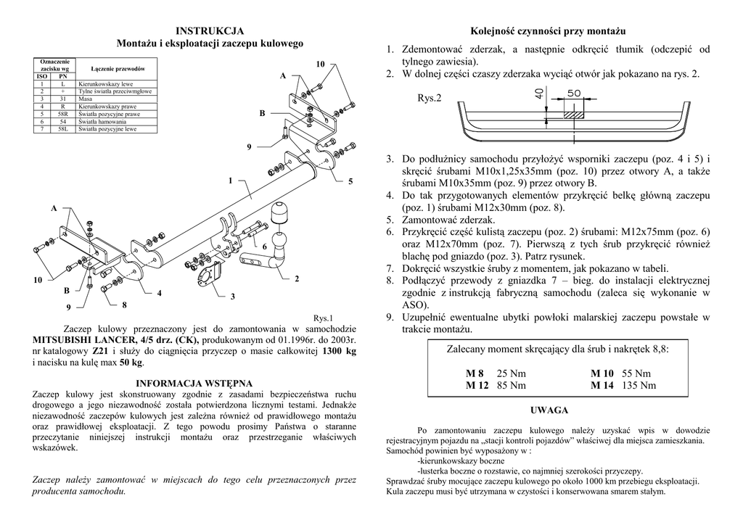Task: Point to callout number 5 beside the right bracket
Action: tap(350, 181)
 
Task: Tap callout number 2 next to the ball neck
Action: tap(297, 279)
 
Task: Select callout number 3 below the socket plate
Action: tap(232, 297)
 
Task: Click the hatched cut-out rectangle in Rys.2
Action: tap(573, 115)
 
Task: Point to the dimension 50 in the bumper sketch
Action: tap(573, 94)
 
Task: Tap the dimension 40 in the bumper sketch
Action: tap(538, 93)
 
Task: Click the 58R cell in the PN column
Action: tap(63, 115)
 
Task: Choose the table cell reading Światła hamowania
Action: tap(102, 122)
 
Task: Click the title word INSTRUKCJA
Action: tap(210, 31)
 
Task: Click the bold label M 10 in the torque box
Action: tap(602, 373)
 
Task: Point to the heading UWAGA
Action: tap(549, 410)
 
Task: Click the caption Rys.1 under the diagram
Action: tap(322, 318)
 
